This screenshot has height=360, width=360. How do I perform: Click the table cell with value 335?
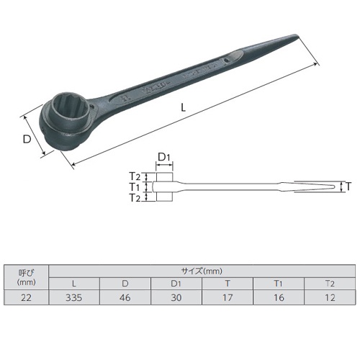pos(78,297)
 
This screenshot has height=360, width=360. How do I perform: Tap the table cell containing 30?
pos(176,297)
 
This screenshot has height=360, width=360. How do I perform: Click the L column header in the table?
pos(78,284)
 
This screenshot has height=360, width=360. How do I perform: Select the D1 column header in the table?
pos(176,284)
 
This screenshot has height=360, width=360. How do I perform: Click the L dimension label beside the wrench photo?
pos(184,107)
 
